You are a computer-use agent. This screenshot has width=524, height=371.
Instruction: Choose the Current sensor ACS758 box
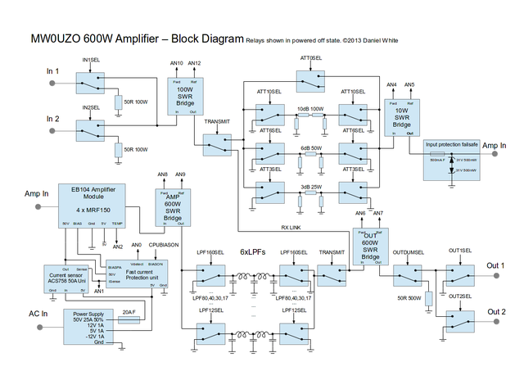(x=66, y=278)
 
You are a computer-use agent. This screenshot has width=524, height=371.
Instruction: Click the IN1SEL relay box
(x=91, y=80)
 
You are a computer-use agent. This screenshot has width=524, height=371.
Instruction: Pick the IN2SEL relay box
(x=91, y=129)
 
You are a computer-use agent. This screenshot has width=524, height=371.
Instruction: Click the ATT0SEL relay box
(x=311, y=79)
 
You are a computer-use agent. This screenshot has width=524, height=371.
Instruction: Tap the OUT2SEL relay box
(x=461, y=317)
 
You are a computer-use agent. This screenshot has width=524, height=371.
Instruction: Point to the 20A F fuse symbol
(x=128, y=322)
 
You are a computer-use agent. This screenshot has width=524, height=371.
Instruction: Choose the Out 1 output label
(x=496, y=265)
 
